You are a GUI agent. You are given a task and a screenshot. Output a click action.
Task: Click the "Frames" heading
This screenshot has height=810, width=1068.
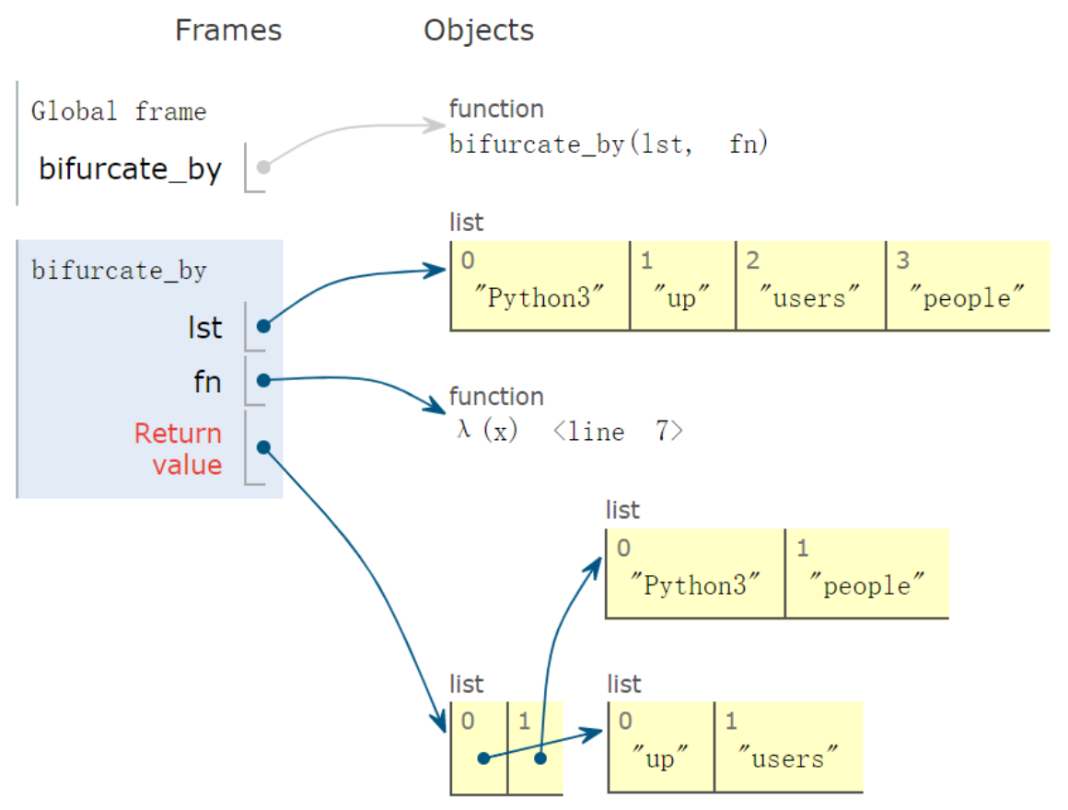(228, 30)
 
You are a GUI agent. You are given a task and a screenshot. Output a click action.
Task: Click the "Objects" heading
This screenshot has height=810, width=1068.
(478, 30)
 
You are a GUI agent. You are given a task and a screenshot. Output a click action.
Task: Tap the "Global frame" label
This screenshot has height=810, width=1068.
(119, 112)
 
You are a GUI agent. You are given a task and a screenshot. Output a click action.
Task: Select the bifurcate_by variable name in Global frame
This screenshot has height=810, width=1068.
(130, 169)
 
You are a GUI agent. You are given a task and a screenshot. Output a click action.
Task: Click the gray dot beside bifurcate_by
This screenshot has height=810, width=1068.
(263, 168)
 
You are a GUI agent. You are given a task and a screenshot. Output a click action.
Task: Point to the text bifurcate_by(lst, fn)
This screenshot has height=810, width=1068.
(608, 145)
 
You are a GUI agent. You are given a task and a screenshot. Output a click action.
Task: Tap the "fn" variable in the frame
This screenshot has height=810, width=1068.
(207, 381)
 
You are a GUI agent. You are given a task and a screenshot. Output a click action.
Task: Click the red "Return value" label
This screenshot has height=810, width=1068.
(178, 448)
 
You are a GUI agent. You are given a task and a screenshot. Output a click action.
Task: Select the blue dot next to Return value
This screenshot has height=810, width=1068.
(263, 447)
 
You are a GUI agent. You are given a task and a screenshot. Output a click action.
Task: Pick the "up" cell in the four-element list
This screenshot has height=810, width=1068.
(682, 298)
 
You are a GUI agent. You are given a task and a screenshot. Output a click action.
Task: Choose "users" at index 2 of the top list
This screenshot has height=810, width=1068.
(810, 298)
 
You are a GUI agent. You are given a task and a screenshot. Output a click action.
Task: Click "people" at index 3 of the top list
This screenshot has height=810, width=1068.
(966, 298)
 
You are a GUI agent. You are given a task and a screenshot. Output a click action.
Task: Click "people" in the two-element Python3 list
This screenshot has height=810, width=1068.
(865, 586)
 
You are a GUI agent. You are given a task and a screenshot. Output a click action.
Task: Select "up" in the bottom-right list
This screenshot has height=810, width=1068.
(660, 760)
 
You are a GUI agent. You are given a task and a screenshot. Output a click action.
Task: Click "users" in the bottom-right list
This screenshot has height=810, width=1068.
(787, 760)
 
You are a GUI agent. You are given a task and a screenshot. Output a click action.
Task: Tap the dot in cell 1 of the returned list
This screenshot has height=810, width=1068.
(540, 758)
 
